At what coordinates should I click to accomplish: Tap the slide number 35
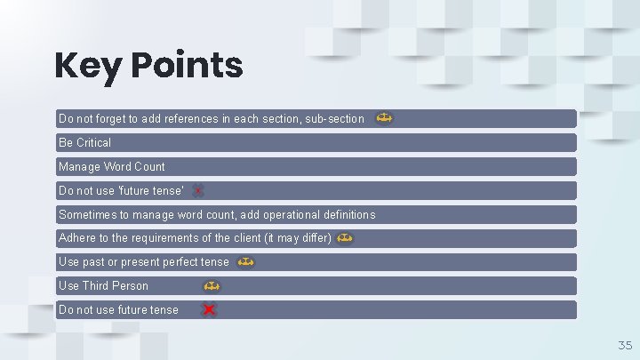[624, 344]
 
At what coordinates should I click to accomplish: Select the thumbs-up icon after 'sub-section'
[384, 117]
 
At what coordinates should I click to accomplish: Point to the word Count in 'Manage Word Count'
[149, 166]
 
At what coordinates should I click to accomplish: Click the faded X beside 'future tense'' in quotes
[198, 190]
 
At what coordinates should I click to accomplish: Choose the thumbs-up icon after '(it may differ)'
[346, 238]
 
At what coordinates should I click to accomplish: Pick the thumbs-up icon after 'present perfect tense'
[246, 262]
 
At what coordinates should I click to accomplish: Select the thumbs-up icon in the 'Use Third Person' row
[212, 286]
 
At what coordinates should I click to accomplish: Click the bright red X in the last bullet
[209, 309]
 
